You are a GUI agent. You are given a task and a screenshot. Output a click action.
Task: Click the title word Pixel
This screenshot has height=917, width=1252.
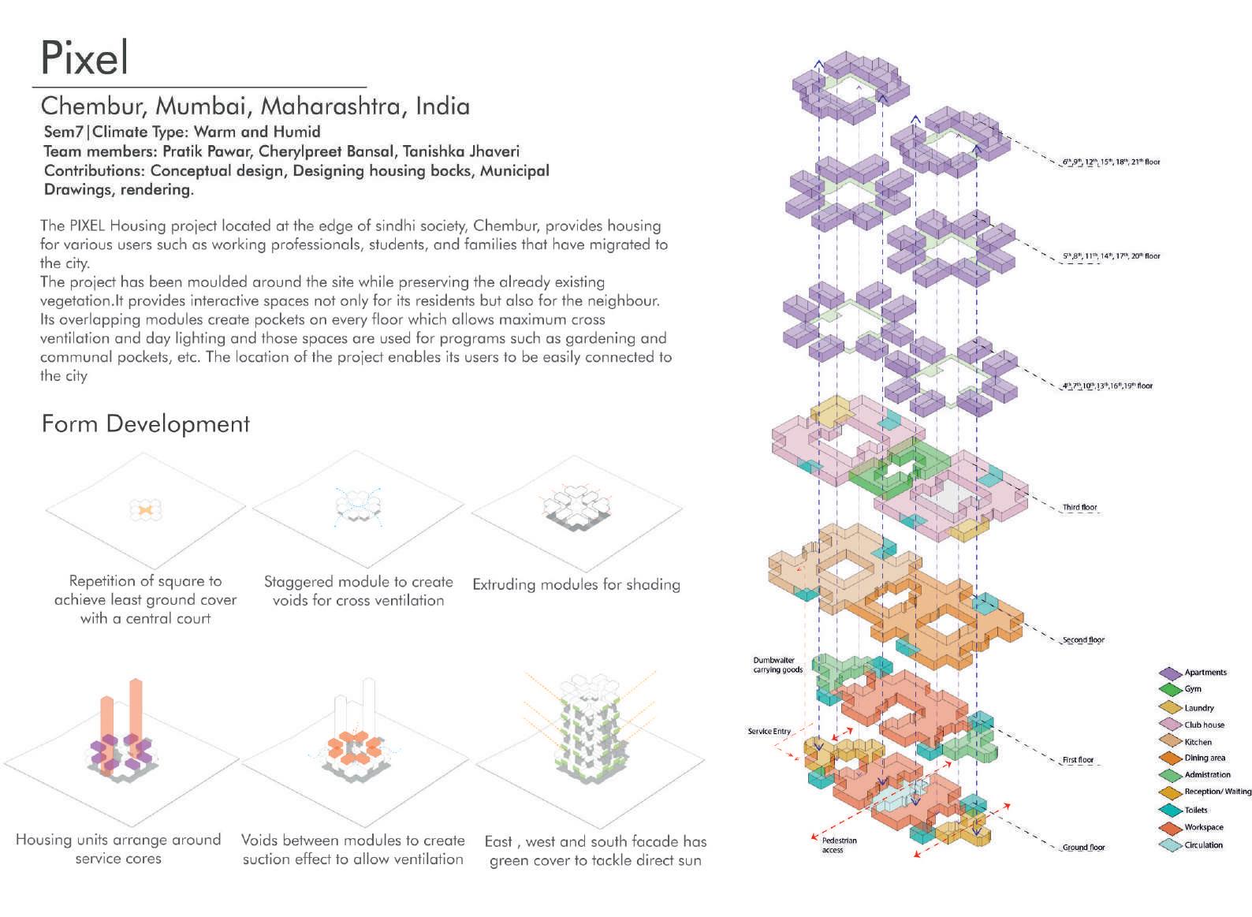(x=84, y=58)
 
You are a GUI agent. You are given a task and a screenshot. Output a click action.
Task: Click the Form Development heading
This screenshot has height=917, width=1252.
(x=145, y=424)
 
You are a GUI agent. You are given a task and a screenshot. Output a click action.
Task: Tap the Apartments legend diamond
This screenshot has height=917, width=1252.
(x=1170, y=673)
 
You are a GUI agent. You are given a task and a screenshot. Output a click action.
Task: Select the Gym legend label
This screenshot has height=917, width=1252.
(x=1193, y=689)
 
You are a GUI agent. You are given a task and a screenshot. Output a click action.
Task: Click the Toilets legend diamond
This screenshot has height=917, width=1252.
(x=1170, y=810)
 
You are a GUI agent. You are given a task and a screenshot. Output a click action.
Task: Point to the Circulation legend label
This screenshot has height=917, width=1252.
(x=1203, y=845)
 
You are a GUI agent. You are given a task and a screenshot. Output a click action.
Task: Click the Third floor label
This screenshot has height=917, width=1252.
(x=1079, y=508)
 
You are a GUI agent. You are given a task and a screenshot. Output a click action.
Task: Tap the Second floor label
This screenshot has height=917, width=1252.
(x=1083, y=640)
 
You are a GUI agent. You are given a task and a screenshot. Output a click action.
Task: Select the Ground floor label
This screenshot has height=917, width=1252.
(x=1083, y=848)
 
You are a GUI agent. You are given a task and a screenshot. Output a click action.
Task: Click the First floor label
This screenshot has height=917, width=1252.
(x=1078, y=760)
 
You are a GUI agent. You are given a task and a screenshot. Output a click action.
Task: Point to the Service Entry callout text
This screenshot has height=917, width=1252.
(x=769, y=732)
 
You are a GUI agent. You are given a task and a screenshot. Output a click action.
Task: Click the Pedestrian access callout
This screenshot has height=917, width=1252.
(x=833, y=845)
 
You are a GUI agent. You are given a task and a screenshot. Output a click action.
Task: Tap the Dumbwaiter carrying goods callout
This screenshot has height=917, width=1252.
(x=777, y=665)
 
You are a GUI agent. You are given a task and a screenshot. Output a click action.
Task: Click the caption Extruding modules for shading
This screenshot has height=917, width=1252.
(x=576, y=584)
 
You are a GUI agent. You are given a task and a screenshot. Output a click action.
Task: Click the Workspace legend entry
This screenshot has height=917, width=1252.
(x=1203, y=827)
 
